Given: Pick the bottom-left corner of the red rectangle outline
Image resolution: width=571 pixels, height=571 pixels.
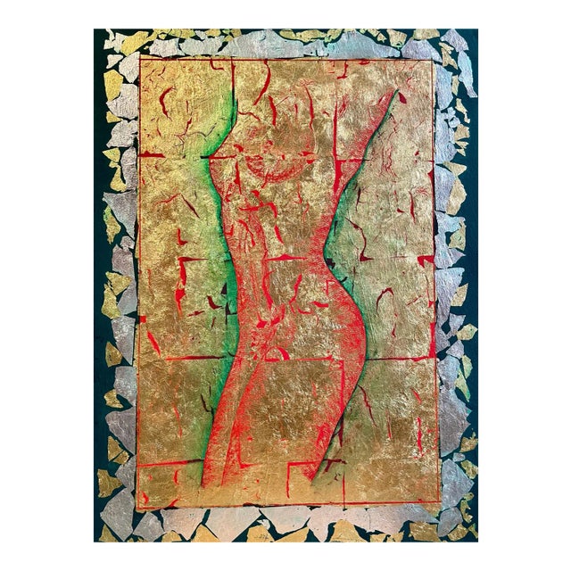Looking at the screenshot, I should (137, 505).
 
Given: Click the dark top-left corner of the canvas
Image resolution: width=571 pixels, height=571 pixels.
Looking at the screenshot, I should (100, 36).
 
